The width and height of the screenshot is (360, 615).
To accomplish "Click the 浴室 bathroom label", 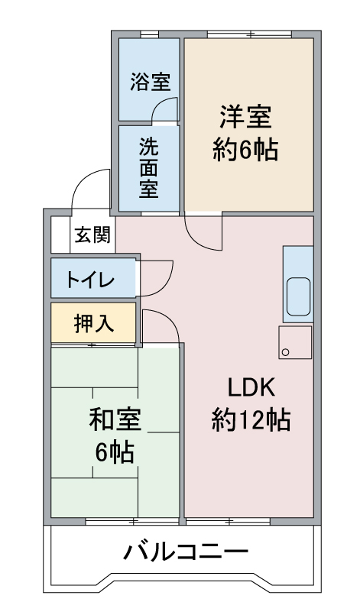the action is pyautogui.click(x=151, y=82).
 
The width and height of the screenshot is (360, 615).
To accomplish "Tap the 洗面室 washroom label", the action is pyautogui.click(x=149, y=168).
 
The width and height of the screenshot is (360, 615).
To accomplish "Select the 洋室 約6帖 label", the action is pyautogui.click(x=246, y=133).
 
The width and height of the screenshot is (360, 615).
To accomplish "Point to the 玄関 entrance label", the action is pyautogui.click(x=92, y=235).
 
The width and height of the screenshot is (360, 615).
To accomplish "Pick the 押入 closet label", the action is pyautogui.click(x=94, y=324).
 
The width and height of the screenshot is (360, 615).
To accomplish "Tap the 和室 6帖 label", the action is pyautogui.click(x=115, y=435).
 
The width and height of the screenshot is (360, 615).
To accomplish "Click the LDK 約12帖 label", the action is pyautogui.click(x=251, y=404).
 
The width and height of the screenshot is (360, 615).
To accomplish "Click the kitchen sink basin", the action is pyautogui.click(x=298, y=297).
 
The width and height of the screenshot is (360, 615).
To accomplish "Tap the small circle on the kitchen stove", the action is pyautogui.click(x=285, y=352).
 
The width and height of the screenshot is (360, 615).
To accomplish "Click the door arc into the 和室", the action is pyautogui.click(x=168, y=316).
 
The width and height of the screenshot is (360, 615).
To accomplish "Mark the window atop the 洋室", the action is pyautogui.click(x=250, y=34).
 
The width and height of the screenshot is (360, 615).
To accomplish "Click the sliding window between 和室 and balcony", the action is pyautogui.click(x=132, y=522).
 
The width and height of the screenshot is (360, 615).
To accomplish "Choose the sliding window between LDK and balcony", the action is pyautogui.click(x=228, y=522).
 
